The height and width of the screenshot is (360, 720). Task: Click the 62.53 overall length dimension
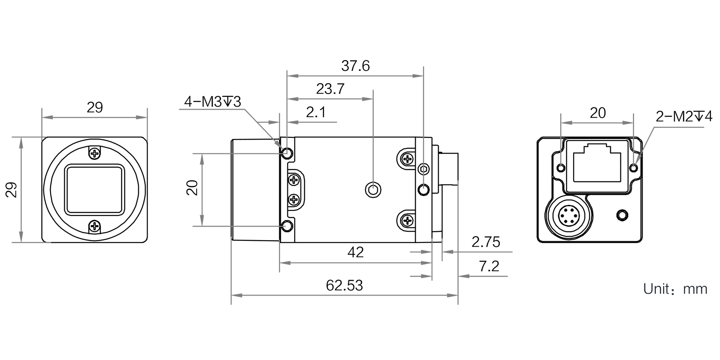(345, 285)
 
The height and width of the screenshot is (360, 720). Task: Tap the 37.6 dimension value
(355, 66)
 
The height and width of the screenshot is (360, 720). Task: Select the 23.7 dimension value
(330, 89)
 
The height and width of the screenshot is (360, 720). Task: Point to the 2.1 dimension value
(316, 112)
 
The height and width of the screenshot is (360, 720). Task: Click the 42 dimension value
(355, 252)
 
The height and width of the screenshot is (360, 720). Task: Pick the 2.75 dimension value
(486, 242)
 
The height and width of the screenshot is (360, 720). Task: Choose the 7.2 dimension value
(489, 266)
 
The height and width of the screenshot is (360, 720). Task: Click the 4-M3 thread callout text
(212, 102)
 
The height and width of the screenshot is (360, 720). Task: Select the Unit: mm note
(675, 289)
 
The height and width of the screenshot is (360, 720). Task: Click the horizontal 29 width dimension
(95, 107)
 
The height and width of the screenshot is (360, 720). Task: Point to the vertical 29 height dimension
(12, 190)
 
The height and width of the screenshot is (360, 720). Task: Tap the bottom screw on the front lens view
(95, 226)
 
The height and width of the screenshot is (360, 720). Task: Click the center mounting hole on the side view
(373, 189)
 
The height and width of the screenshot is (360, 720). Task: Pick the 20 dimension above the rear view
(598, 113)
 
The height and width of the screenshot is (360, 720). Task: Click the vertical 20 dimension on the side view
(193, 188)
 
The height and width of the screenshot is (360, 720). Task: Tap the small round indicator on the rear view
(622, 215)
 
